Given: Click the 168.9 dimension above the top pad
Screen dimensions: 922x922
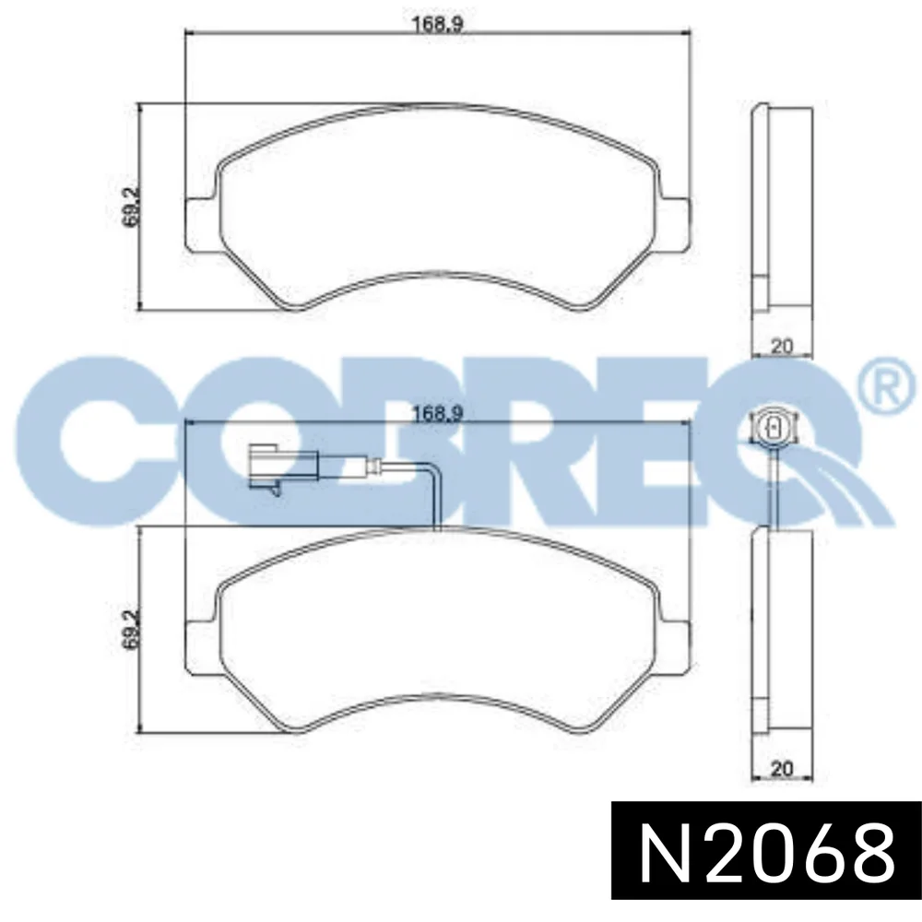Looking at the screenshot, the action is click(438, 24).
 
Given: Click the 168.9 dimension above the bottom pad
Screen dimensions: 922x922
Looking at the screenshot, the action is click(438, 413).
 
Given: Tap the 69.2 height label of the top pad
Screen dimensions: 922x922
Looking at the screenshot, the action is click(131, 206).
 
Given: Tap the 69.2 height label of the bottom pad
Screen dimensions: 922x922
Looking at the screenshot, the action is click(131, 628).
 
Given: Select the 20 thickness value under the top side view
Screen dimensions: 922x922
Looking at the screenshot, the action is click(782, 347).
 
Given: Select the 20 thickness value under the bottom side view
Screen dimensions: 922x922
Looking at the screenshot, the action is click(782, 768).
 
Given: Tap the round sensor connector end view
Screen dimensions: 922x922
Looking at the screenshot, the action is click(774, 426).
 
